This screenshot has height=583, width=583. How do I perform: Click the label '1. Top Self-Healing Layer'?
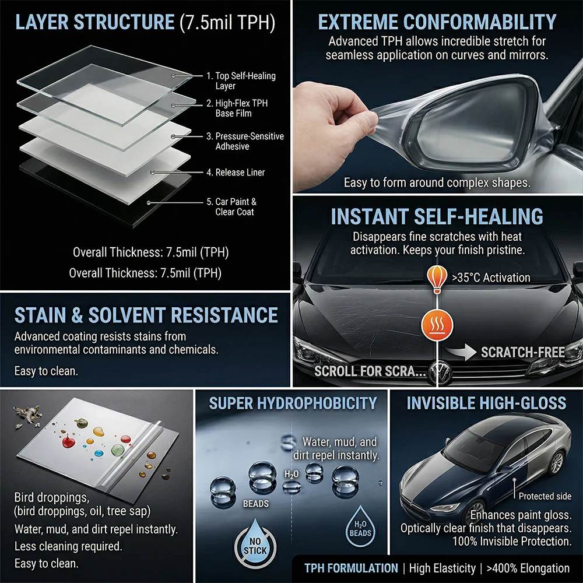pyautogui.click(x=241, y=80)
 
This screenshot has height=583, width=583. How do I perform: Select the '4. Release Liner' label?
pyautogui.click(x=236, y=172)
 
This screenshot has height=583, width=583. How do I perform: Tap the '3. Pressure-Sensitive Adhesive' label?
pyautogui.click(x=245, y=141)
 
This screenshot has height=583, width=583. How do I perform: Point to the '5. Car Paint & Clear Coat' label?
pyautogui.click(x=231, y=207)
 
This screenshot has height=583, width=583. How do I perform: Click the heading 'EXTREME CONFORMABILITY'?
pyautogui.click(x=437, y=22)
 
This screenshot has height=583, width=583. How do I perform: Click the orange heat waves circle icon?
pyautogui.click(x=437, y=325)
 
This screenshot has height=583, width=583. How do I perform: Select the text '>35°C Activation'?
pyautogui.click(x=491, y=278)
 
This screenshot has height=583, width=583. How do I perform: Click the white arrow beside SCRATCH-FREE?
pyautogui.click(x=461, y=352)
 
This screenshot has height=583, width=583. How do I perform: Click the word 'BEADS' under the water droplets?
pyautogui.click(x=256, y=504)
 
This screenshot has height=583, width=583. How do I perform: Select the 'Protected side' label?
pyautogui.click(x=545, y=496)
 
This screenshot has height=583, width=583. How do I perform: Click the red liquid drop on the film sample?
pyautogui.click(x=68, y=442)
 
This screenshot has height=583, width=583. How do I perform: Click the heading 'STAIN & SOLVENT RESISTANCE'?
pyautogui.click(x=146, y=315)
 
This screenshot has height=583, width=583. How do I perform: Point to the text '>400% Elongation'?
pyautogui.click(x=528, y=568)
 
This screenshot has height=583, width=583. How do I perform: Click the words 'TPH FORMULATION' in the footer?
pyautogui.click(x=351, y=568)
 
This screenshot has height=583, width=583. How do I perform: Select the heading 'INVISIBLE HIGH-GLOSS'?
pyautogui.click(x=486, y=403)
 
